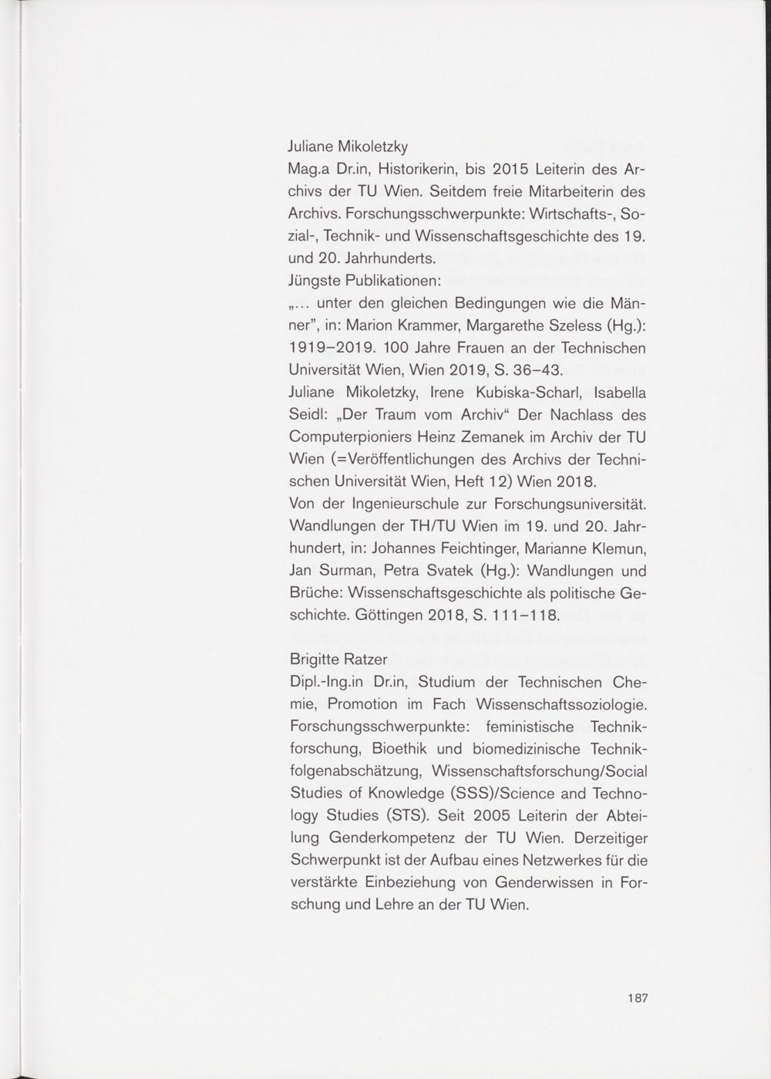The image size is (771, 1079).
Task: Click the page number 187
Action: pos(637,997)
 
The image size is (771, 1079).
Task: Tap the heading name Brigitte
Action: pos(315,659)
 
